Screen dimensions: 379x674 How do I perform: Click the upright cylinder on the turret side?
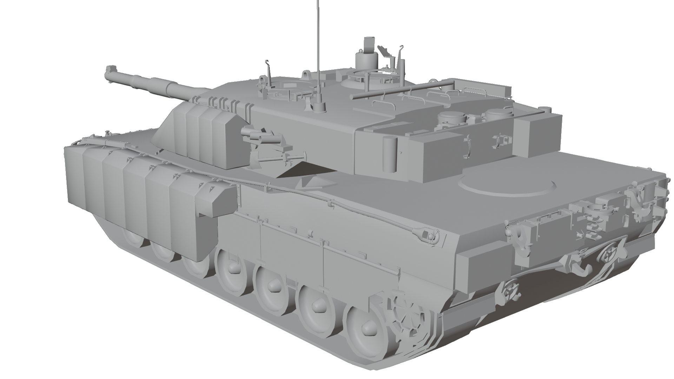tap(389, 154)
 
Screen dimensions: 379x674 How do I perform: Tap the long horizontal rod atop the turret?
tap(404, 89)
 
